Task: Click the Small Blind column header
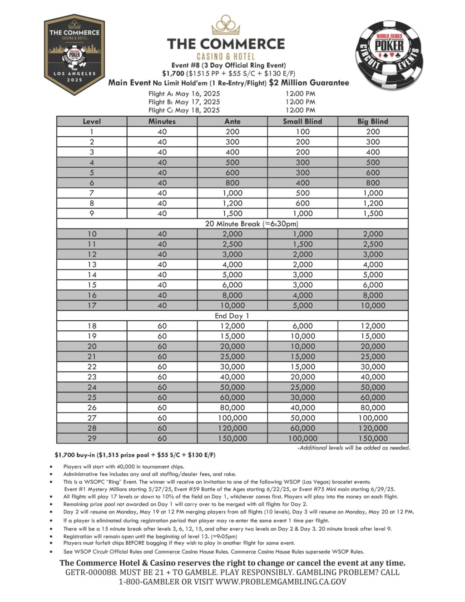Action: (302, 121)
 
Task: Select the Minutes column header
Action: (162, 121)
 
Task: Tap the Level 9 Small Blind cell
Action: (302, 214)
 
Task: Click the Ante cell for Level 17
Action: (232, 306)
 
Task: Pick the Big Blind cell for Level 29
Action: (372, 438)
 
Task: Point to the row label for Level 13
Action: (92, 264)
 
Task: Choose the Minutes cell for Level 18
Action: (162, 326)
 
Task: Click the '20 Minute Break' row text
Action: (232, 224)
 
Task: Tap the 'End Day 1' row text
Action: (232, 316)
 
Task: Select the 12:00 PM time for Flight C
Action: (300, 110)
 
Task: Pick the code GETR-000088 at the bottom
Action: (91, 572)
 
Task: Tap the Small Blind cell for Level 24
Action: (302, 387)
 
